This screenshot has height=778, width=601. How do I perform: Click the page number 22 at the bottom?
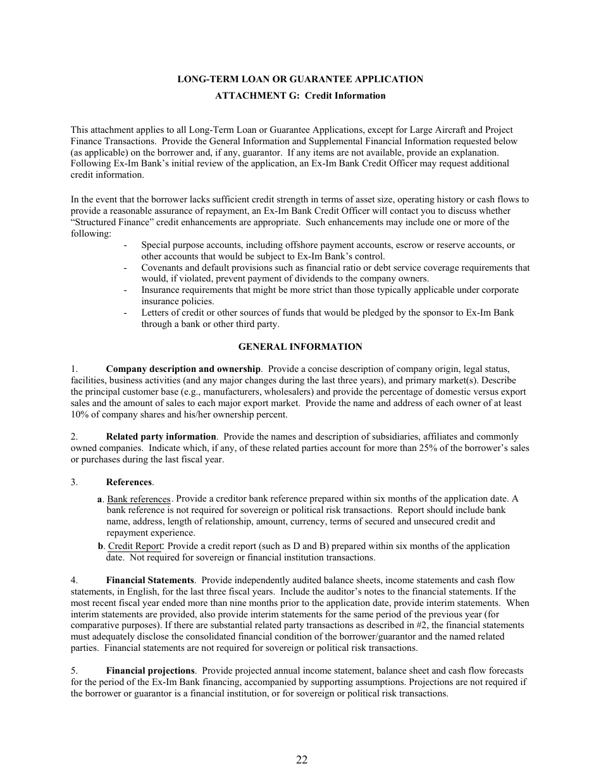pyautogui.click(x=301, y=760)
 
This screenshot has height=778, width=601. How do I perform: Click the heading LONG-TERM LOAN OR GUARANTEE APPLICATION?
pyautogui.click(x=300, y=79)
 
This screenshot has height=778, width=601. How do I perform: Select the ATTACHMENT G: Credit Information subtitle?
pyautogui.click(x=300, y=96)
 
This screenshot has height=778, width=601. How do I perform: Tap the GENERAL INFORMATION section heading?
pyautogui.click(x=300, y=347)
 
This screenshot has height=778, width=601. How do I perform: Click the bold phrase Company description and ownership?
pyautogui.click(x=183, y=369)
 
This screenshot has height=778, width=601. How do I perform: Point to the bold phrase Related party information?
pyautogui.click(x=161, y=436)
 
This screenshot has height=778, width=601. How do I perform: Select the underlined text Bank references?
pyautogui.click(x=139, y=499)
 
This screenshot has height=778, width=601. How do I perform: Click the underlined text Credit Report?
pyautogui.click(x=135, y=546)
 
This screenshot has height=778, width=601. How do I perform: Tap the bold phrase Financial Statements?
pyautogui.click(x=150, y=580)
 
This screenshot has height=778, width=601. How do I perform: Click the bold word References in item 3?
pyautogui.click(x=129, y=482)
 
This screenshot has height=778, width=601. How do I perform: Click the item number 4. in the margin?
pyautogui.click(x=74, y=580)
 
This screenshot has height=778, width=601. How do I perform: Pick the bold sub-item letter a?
pyautogui.click(x=100, y=499)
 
